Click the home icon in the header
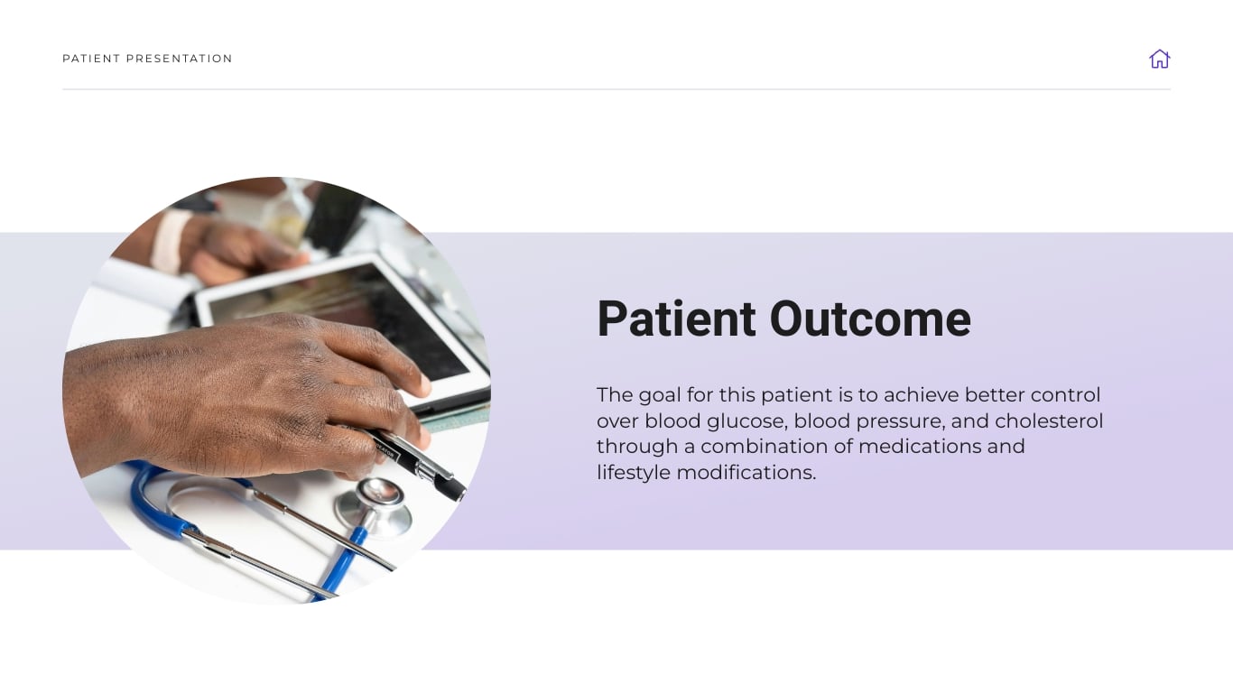pyautogui.click(x=1159, y=59)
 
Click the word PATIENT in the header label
pyautogui.click(x=90, y=59)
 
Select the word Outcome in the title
pyautogui.click(x=869, y=319)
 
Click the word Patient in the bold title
pyautogui.click(x=676, y=319)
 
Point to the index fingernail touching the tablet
pyautogui.click(x=419, y=385)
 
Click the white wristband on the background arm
pyautogui.click(x=171, y=242)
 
